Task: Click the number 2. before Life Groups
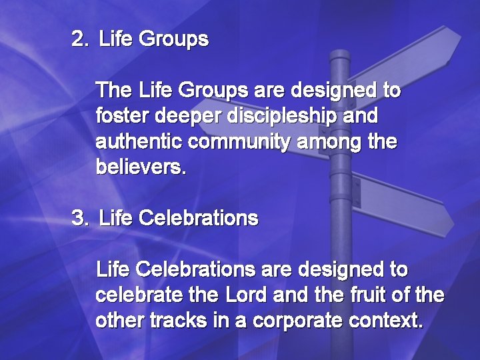(79, 39)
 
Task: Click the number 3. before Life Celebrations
(79, 218)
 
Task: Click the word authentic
(139, 142)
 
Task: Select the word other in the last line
(118, 321)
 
